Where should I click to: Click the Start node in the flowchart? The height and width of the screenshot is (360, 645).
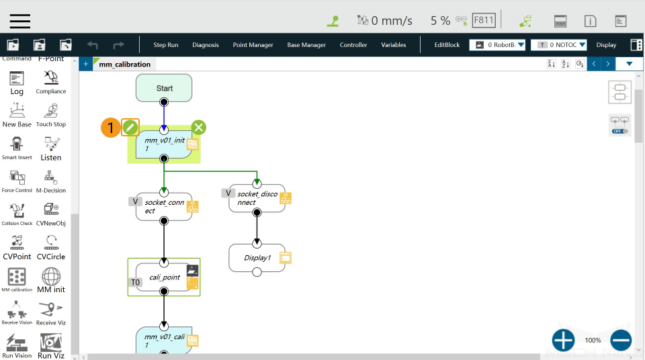click(x=164, y=88)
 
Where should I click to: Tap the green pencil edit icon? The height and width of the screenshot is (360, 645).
click(x=130, y=127)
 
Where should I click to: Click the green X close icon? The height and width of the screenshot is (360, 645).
click(x=198, y=127)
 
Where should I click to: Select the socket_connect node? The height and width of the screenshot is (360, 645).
click(x=163, y=206)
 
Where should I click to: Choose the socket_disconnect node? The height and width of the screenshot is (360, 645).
click(x=256, y=198)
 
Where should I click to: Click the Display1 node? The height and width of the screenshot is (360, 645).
click(x=257, y=258)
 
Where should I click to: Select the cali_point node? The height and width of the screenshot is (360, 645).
click(x=163, y=277)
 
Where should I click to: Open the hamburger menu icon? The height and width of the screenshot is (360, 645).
click(x=20, y=20)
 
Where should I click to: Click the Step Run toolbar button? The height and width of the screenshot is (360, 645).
click(x=166, y=45)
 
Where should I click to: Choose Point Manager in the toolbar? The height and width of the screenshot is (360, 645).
click(x=253, y=45)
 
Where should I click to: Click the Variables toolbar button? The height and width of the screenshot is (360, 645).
click(x=393, y=45)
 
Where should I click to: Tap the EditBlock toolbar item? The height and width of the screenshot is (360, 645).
click(x=447, y=45)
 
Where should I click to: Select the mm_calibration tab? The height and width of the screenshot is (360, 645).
click(x=124, y=64)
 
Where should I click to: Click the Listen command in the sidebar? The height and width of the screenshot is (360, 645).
click(x=51, y=148)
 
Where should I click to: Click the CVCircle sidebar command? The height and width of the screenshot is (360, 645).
click(x=51, y=246)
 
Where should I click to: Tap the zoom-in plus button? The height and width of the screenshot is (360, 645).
click(x=563, y=341)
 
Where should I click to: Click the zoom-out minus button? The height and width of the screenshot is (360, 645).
click(x=621, y=341)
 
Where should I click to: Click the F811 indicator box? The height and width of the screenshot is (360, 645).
click(x=484, y=20)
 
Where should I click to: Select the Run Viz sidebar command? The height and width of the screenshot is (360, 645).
click(x=51, y=345)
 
